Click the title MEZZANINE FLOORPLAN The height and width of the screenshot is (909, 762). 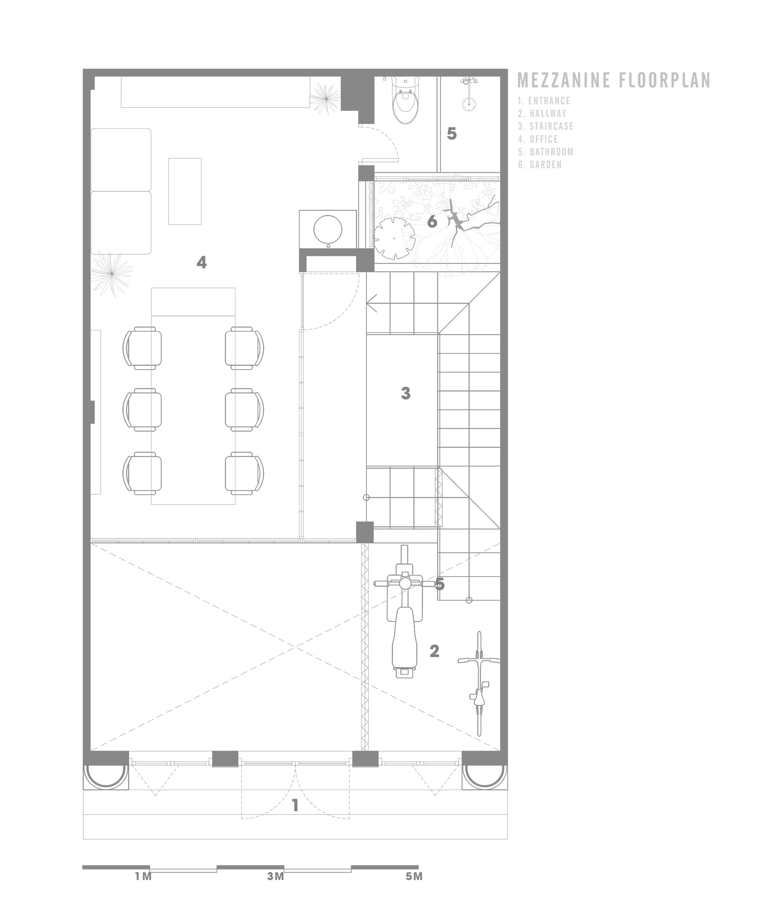coord(614,80)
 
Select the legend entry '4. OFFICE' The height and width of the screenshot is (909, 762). coord(538,139)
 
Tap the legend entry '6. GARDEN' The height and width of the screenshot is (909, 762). coord(539,165)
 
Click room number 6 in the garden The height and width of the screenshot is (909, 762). coord(432,222)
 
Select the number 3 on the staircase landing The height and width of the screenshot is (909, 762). coord(405,393)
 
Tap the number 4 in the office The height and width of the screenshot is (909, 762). coord(201,262)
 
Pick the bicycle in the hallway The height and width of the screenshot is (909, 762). coord(479,684)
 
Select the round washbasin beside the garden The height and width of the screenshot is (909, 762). coord(328,229)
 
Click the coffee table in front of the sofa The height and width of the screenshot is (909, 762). coord(185,191)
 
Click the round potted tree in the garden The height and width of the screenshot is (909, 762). coord(394,238)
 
